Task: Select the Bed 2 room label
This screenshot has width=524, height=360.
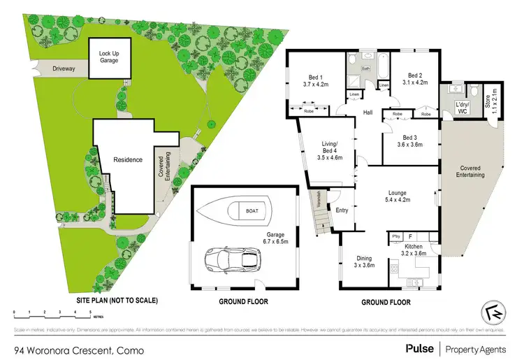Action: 416,79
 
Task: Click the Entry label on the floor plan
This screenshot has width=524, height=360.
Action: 342,210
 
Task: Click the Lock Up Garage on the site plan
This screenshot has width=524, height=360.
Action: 108,57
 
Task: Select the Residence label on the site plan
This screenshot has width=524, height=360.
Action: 128,160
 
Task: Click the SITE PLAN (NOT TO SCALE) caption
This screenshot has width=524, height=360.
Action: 117,301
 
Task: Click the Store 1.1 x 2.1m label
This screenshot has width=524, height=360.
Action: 495,101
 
